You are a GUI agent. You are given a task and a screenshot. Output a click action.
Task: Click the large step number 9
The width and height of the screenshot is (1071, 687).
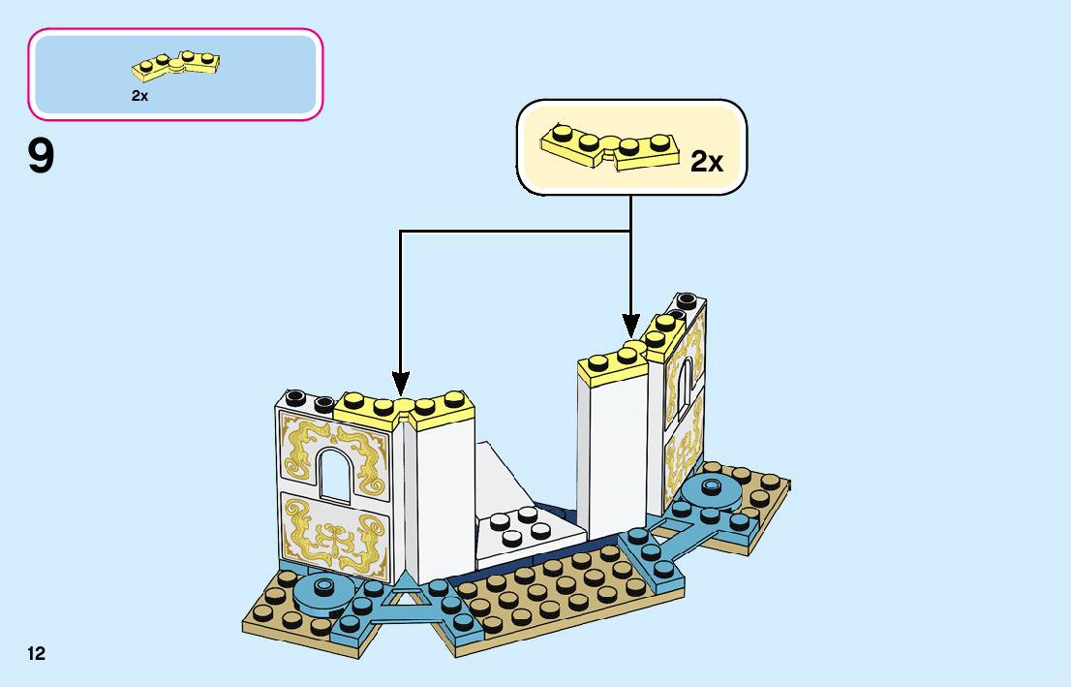pyautogui.click(x=42, y=157)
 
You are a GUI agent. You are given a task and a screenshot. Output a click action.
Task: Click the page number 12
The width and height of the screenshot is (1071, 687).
pyautogui.click(x=37, y=653)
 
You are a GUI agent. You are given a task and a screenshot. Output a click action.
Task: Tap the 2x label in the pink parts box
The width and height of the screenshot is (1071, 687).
pyautogui.click(x=139, y=96)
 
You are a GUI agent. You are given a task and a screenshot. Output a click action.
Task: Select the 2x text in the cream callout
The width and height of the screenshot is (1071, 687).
pyautogui.click(x=707, y=162)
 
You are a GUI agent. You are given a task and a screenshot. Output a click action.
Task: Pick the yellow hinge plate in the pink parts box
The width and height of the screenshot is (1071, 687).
pyautogui.click(x=177, y=65)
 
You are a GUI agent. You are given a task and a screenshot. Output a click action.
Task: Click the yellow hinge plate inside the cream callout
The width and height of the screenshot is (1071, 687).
pyautogui.click(x=609, y=148)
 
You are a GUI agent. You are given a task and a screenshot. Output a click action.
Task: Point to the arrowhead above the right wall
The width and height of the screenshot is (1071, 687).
pyautogui.click(x=630, y=328)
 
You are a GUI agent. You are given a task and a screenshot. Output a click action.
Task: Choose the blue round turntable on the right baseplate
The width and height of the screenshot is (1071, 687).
pyautogui.click(x=712, y=491)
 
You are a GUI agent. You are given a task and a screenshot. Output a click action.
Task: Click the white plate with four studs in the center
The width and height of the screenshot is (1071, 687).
pyautogui.click(x=526, y=530)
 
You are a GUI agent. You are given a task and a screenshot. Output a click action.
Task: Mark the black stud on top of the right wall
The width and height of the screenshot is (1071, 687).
pyautogui.click(x=687, y=300)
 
